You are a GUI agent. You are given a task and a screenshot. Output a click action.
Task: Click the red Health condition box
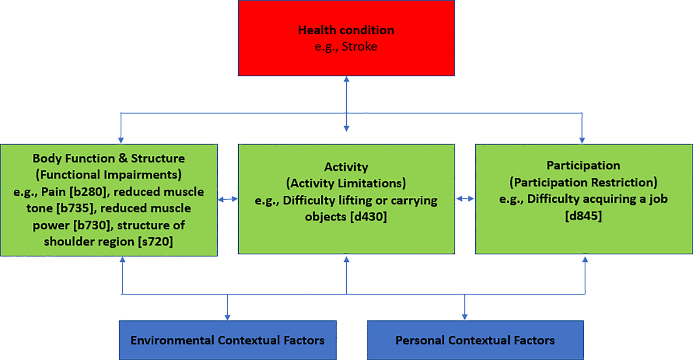(x=346, y=38)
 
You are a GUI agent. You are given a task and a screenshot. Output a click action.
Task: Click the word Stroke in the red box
(x=360, y=47)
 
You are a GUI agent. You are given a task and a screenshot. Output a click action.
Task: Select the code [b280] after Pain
(x=88, y=192)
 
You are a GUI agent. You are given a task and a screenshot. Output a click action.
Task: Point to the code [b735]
(x=75, y=208)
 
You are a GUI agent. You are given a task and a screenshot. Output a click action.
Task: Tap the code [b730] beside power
(x=92, y=225)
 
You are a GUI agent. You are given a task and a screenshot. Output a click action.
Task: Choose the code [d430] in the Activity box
(x=369, y=217)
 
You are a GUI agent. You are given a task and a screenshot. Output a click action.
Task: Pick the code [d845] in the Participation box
(x=583, y=216)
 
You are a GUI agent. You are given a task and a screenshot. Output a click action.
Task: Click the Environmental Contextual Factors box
(x=228, y=340)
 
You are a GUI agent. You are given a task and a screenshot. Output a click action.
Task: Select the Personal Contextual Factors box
(x=475, y=340)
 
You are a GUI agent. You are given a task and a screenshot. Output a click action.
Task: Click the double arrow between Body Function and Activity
(x=228, y=199)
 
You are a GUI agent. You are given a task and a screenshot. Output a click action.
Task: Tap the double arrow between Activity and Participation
(x=465, y=199)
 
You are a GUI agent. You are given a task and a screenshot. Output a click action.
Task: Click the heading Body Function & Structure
(x=108, y=158)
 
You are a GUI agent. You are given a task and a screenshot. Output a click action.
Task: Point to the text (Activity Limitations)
(x=346, y=183)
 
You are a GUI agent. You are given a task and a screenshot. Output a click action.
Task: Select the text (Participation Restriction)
(x=583, y=182)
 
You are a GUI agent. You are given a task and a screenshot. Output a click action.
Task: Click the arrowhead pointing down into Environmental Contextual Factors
(x=227, y=317)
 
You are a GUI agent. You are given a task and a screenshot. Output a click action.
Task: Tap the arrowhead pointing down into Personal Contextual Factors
(x=465, y=317)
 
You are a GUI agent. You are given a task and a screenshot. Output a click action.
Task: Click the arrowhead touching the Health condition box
(x=346, y=79)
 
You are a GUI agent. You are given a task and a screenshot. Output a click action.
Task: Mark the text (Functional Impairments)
(x=108, y=175)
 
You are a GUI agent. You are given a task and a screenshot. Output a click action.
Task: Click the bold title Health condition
(x=346, y=30)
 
